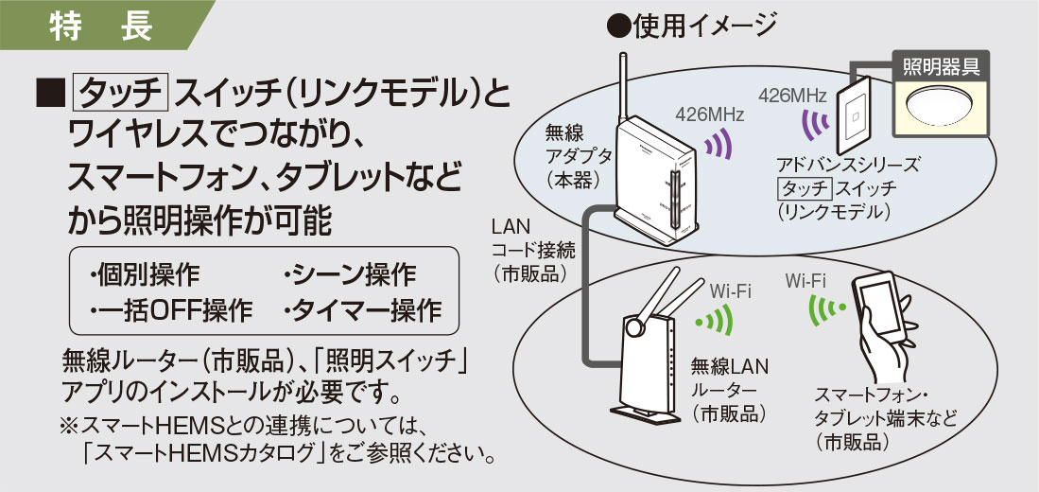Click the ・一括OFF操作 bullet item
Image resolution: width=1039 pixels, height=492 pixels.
(171, 309)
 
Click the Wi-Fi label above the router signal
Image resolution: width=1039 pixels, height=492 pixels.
(730, 290)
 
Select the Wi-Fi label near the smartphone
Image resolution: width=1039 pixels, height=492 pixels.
(805, 280)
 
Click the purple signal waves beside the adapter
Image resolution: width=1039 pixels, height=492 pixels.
(719, 146)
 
